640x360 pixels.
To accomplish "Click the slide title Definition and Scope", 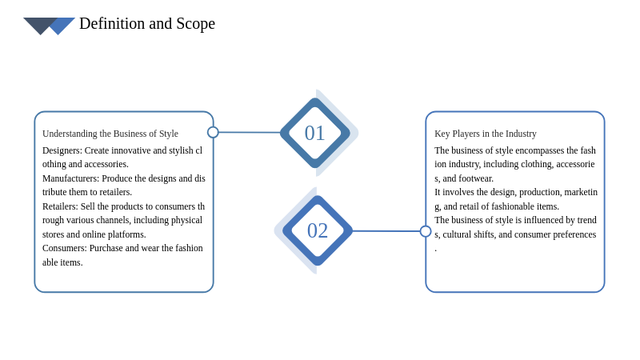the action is pos(147,24).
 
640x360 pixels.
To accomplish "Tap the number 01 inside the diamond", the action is pos(314,133).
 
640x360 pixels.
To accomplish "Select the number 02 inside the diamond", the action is pos(318,230).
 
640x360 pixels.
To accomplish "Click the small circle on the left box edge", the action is pos(213,132).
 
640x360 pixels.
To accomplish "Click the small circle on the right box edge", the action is pos(426,231).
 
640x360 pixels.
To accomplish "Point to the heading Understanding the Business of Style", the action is pos(110,134).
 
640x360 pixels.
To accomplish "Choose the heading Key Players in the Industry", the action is pos(486,134).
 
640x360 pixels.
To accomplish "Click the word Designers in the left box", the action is pos(62,150).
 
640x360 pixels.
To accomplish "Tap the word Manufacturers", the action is pos(70,178).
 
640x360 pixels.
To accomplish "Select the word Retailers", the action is pos(60,206).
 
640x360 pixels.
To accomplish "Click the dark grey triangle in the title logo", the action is pos(38,25).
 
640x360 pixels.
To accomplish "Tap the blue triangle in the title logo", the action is pos(62,25).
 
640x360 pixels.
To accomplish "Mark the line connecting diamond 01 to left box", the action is pos(250,132).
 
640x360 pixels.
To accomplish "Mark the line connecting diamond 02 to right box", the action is pos(386,231).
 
